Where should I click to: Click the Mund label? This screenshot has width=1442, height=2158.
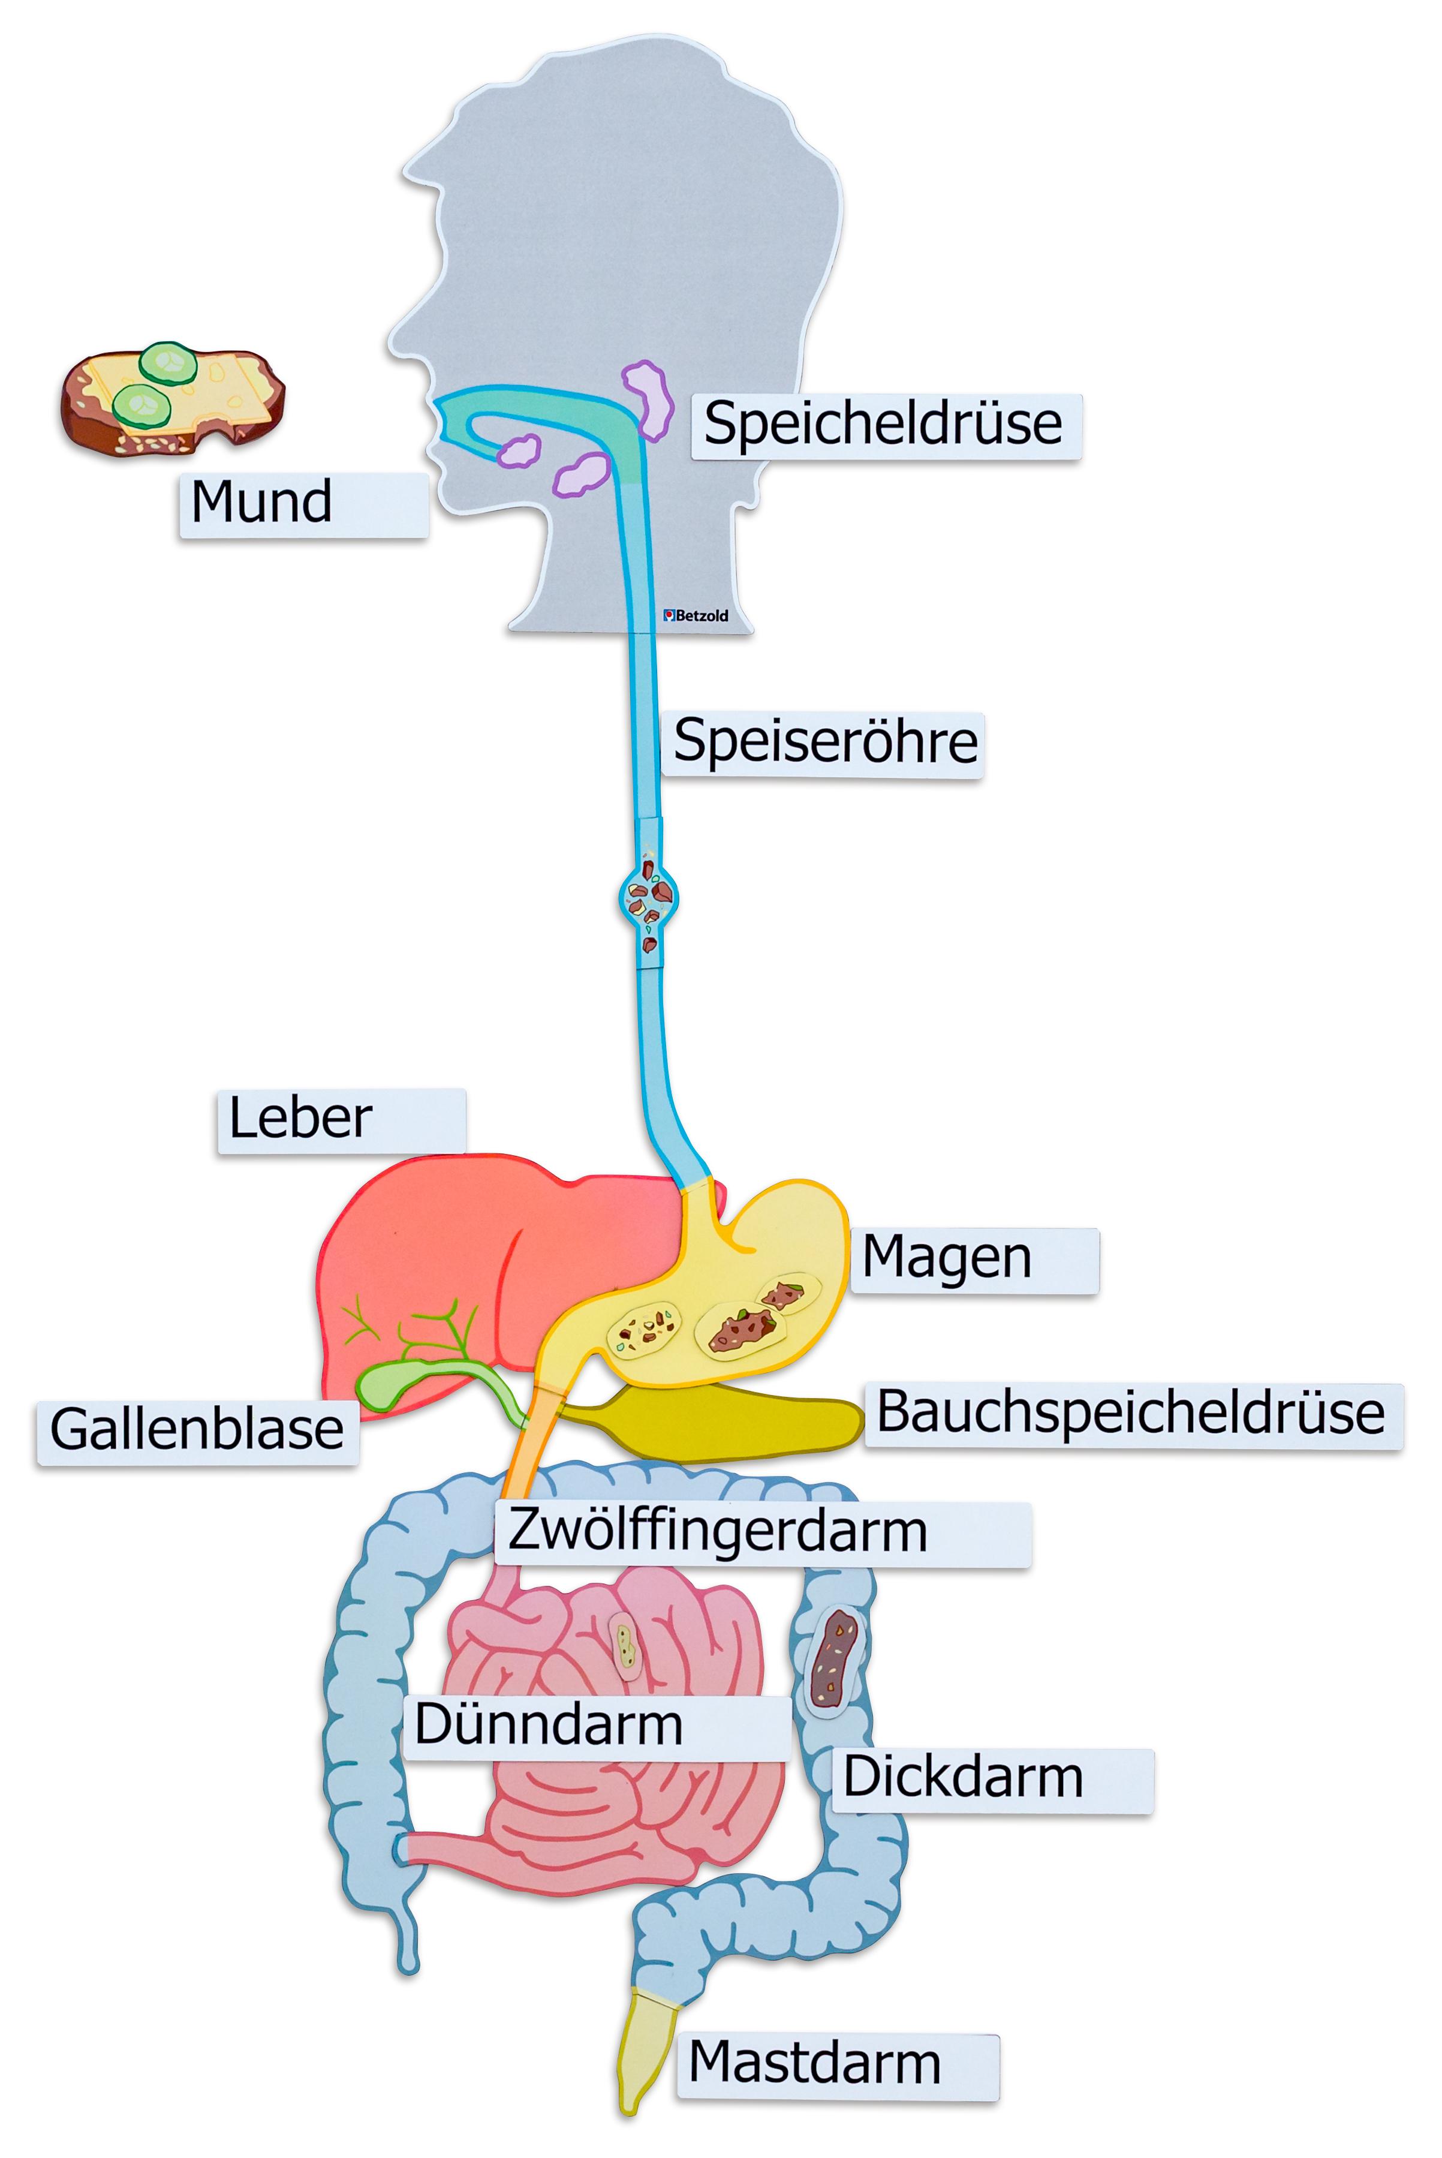303,504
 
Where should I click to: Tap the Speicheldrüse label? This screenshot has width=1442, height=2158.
886,426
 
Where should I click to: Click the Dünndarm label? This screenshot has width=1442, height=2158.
596,1726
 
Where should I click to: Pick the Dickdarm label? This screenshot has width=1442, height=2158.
991,1779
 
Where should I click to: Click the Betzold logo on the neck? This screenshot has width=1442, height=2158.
696,615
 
